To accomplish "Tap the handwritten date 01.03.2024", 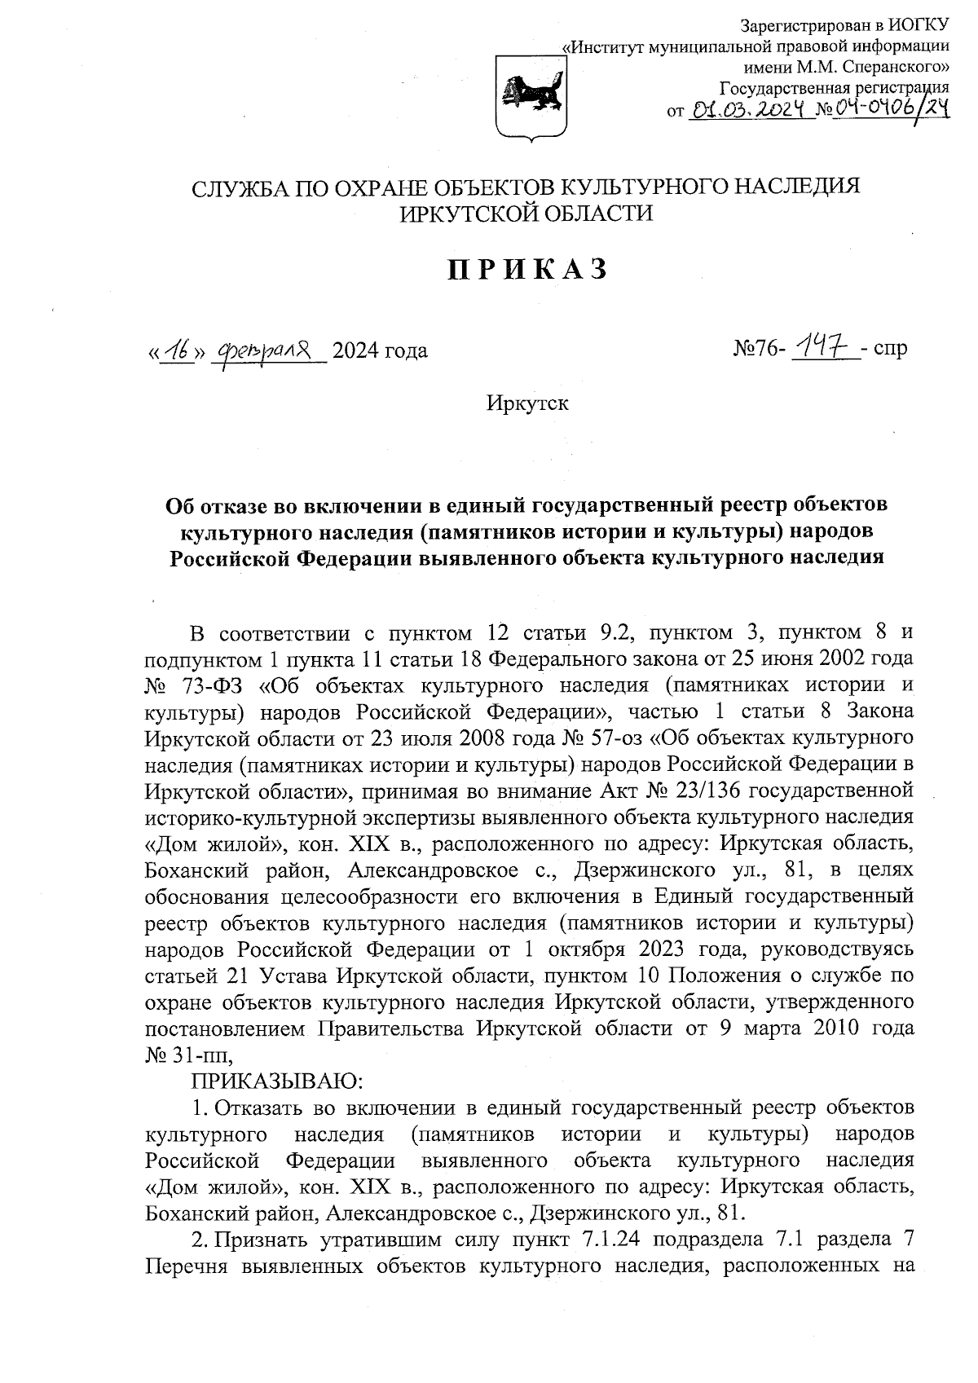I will click(747, 109).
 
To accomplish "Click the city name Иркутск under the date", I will click(527, 403).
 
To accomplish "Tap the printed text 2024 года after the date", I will click(380, 351).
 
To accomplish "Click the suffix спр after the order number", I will click(888, 350).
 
